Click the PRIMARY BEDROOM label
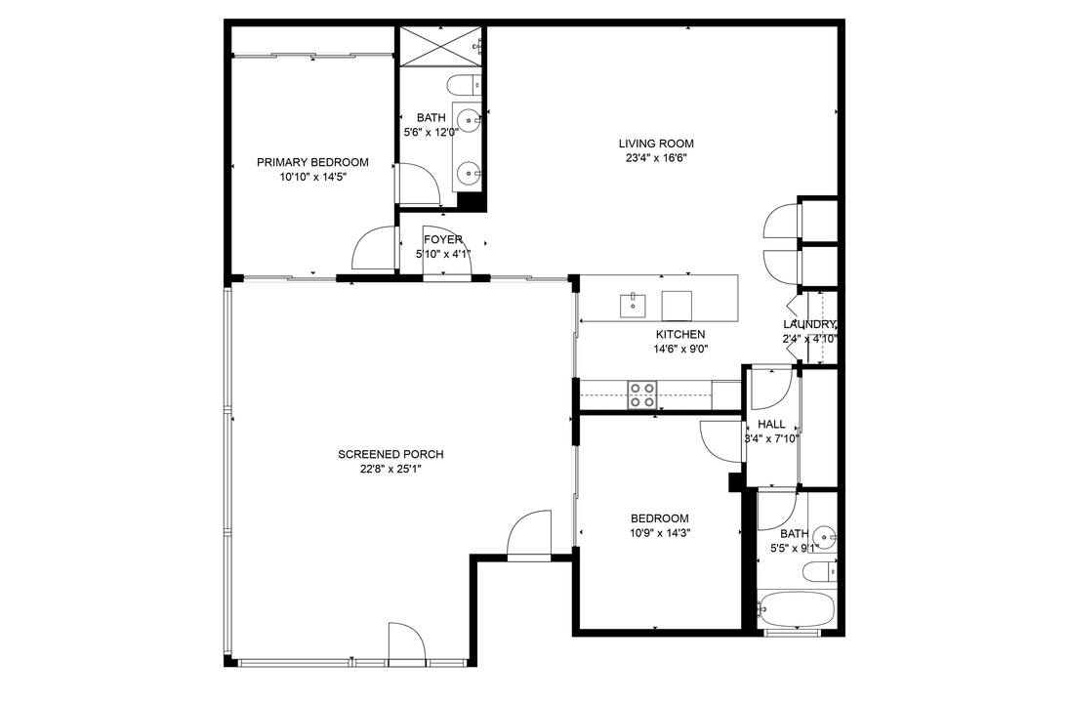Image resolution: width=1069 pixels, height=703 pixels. (x=312, y=162)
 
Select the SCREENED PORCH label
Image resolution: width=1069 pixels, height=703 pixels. (x=391, y=454)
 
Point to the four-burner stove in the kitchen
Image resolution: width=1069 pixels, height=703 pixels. (x=641, y=394)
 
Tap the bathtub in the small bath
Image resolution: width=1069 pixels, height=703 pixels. (x=797, y=610)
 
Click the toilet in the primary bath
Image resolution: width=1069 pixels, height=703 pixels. (x=464, y=84)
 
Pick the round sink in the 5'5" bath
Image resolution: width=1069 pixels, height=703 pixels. (x=825, y=535)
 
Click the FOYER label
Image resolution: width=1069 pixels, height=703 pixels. (x=442, y=239)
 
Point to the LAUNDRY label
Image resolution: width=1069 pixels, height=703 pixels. (x=809, y=324)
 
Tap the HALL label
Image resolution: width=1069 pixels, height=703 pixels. (x=771, y=425)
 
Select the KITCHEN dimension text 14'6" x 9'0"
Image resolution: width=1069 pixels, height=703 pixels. (x=680, y=349)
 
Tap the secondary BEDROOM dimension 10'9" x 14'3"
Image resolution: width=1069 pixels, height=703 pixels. (x=659, y=533)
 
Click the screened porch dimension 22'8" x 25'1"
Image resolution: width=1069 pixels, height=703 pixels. (x=391, y=469)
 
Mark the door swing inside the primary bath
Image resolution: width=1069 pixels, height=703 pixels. (x=418, y=185)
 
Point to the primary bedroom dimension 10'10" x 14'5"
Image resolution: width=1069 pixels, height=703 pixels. (x=312, y=177)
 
